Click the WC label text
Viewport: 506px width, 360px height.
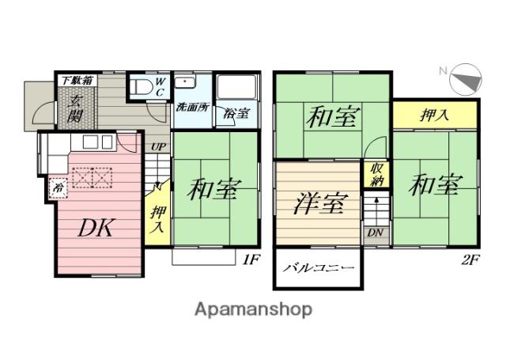[x=159, y=85]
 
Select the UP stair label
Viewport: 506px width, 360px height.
[x=158, y=147]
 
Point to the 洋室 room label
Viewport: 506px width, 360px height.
[x=318, y=203]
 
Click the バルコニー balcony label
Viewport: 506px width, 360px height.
[x=319, y=269]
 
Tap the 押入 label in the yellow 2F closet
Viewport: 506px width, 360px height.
[x=433, y=115]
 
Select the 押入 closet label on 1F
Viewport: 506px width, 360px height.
[x=159, y=217]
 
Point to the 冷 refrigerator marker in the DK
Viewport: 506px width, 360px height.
[x=57, y=188]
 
